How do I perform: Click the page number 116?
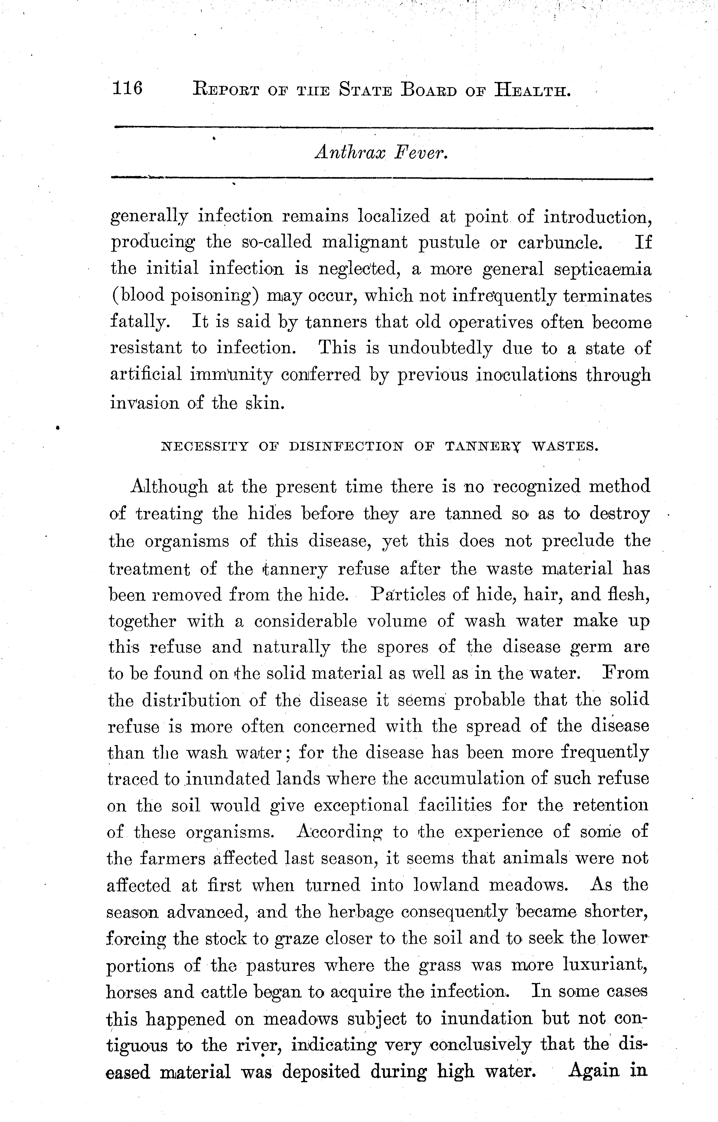click(127, 88)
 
